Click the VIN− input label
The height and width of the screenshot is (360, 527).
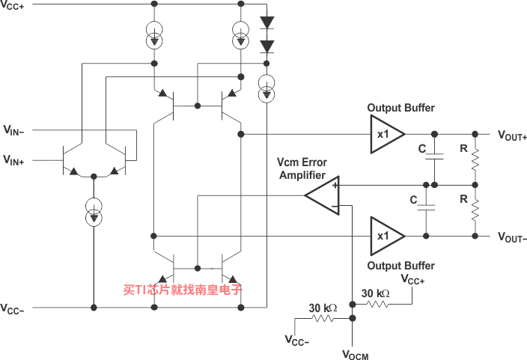tap(13, 130)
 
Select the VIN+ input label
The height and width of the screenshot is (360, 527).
tap(13, 159)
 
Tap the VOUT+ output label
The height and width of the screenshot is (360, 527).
tap(512, 135)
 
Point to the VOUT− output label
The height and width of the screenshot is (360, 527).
tap(512, 237)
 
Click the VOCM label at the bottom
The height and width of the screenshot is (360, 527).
tap(356, 355)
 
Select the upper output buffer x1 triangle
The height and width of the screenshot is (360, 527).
tap(386, 134)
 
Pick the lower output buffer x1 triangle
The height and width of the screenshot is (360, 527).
tap(386, 236)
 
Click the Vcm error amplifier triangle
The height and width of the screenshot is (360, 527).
tap(323, 195)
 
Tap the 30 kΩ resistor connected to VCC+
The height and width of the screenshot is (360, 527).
tap(377, 304)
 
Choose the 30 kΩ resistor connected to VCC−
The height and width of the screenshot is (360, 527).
tap(323, 318)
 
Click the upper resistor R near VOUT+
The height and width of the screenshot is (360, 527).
tap(475, 159)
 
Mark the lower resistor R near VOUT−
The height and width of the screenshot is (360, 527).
tap(475, 210)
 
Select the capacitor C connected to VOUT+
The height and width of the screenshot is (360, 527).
tap(435, 156)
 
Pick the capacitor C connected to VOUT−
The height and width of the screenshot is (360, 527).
tap(426, 208)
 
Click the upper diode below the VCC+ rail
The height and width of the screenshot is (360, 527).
tap(266, 22)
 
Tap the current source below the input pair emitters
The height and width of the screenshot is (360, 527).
tap(94, 212)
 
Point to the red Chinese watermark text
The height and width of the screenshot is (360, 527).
tap(183, 290)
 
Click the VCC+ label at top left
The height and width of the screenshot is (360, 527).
tap(12, 5)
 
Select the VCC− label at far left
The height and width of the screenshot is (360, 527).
tap(12, 308)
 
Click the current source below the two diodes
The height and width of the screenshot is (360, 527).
tap(266, 88)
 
